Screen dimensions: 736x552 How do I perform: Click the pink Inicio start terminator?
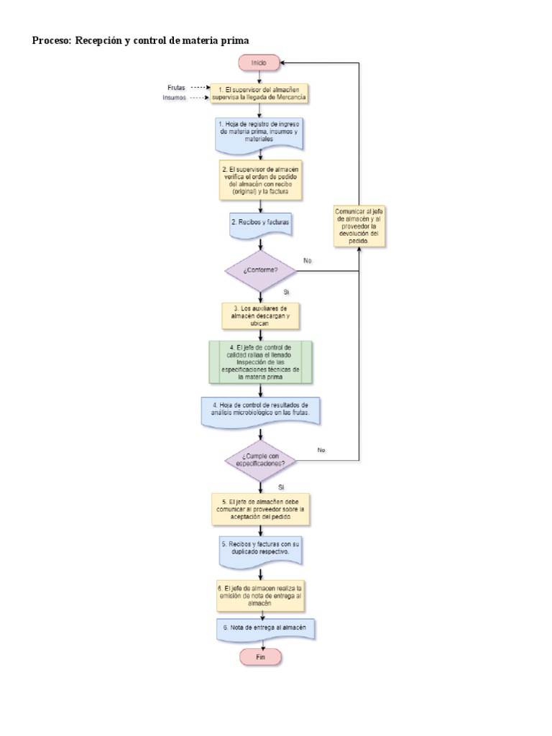[259, 63]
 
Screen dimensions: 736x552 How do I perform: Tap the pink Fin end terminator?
[259, 657]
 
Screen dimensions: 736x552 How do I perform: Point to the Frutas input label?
[175, 87]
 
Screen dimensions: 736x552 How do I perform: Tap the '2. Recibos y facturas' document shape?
[260, 224]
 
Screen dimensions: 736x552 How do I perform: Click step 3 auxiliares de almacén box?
[260, 316]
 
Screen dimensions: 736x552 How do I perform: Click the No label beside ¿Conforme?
[308, 259]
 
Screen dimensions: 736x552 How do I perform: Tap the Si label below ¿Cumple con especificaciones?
[281, 487]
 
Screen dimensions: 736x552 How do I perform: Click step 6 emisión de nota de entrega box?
[260, 596]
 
